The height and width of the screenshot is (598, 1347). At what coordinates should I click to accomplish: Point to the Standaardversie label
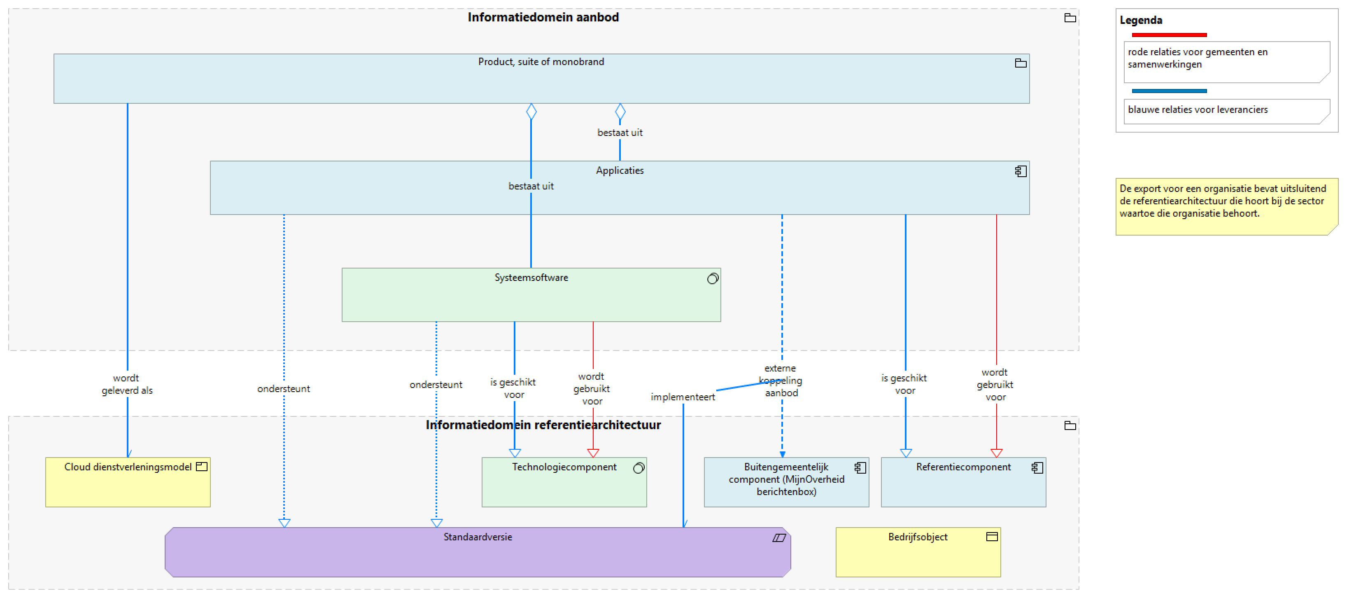click(x=478, y=537)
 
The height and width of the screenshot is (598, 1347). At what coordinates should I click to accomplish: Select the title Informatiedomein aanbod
click(x=543, y=17)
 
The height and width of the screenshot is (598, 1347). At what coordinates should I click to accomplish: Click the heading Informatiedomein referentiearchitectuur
click(x=543, y=425)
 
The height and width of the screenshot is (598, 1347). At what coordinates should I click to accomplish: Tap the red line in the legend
click(x=1169, y=35)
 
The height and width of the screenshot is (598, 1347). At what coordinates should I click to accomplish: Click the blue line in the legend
click(x=1169, y=91)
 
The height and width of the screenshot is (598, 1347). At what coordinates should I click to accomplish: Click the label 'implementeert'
click(x=683, y=397)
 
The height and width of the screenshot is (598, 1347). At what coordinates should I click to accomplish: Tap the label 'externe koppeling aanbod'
click(x=780, y=381)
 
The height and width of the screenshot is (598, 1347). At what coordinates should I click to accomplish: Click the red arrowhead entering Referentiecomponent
click(x=996, y=453)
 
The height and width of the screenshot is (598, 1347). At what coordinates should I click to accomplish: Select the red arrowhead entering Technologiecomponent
click(x=592, y=453)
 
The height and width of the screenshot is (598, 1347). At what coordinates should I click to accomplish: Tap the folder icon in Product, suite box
click(x=1020, y=63)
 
